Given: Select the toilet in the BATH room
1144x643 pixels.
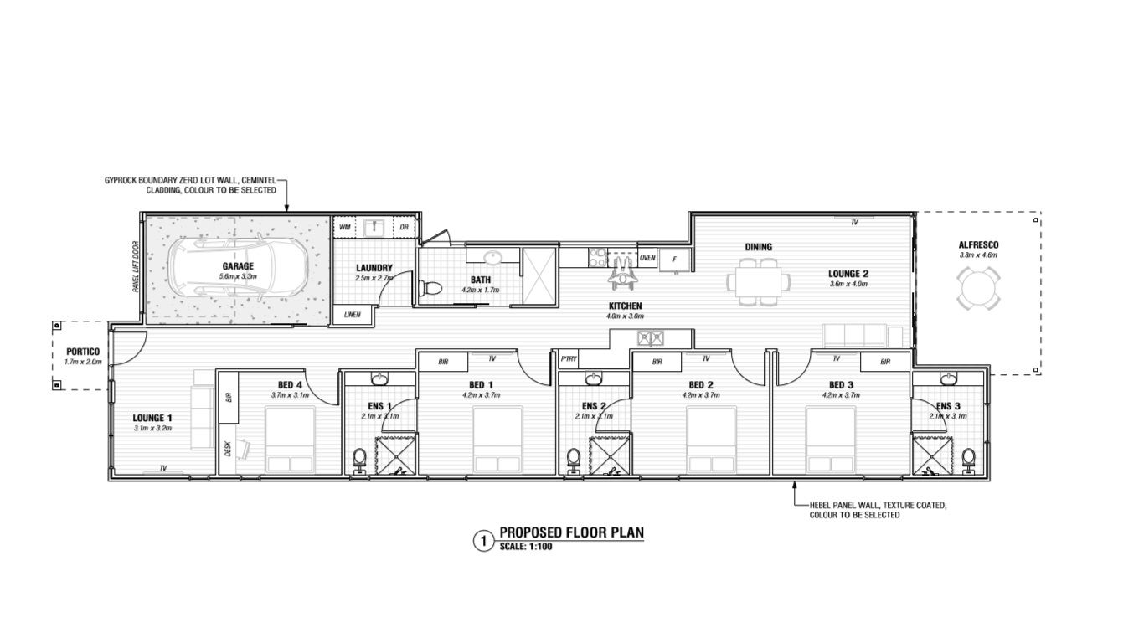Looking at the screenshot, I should point(430,289).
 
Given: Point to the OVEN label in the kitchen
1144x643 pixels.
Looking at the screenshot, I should point(647,258).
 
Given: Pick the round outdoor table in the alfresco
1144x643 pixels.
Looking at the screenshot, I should point(977,289).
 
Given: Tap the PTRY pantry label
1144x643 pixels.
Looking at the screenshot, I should point(569,359).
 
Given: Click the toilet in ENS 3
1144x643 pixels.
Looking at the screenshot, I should point(968,458).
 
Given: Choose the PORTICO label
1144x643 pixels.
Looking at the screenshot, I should point(83,352).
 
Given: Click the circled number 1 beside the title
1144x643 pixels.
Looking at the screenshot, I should point(482,542).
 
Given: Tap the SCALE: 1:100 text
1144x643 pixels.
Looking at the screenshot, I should point(527,547).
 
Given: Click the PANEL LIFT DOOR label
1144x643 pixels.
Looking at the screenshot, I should point(135,267).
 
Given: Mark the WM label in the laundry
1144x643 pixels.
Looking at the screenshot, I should point(345,228).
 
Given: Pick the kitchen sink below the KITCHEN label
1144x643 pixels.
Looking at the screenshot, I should point(651,338).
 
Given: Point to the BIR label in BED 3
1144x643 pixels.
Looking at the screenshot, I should point(885,362).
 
